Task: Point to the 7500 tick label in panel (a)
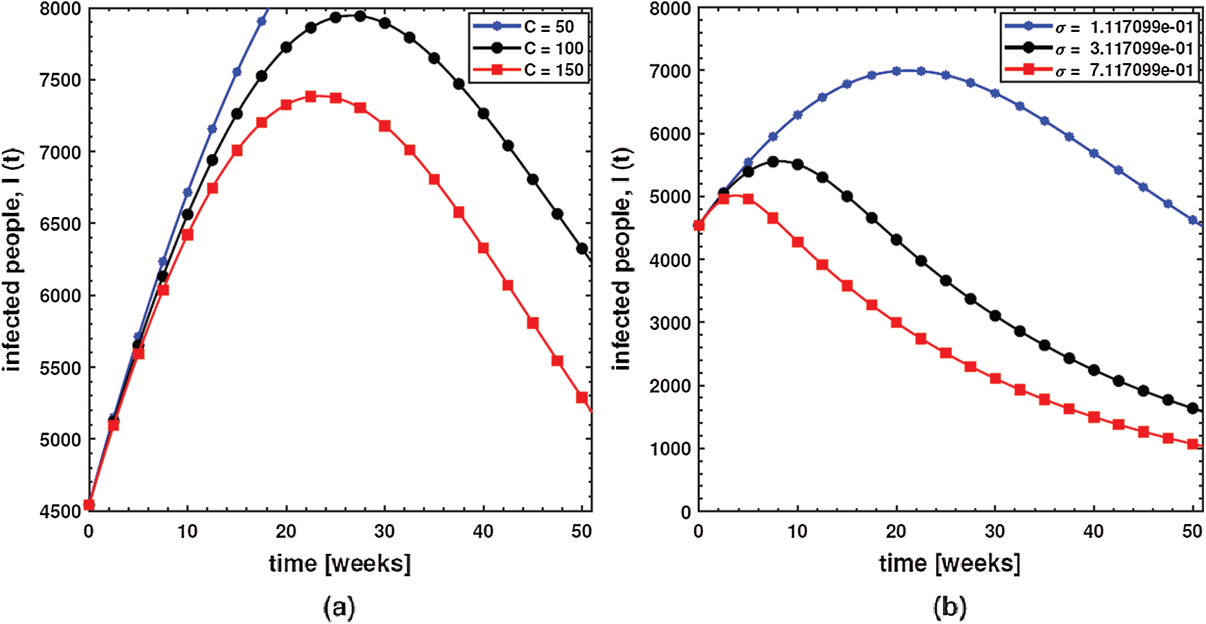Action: pos(60,80)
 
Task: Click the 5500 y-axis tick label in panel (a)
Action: pos(60,368)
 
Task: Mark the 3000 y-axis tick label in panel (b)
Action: pos(670,322)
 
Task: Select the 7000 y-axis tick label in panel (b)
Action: pos(670,71)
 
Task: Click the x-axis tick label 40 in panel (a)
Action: pos(483,532)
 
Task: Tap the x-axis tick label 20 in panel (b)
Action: pos(896,532)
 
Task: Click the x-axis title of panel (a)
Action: pos(340,563)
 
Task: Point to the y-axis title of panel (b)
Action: pos(622,258)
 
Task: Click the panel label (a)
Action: pos(339,608)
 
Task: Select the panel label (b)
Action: pos(950,608)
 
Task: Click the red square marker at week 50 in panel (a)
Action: pos(582,398)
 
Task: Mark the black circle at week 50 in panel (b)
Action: pos(1193,408)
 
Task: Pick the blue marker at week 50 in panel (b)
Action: pos(1193,220)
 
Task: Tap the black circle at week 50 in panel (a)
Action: pos(582,248)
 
